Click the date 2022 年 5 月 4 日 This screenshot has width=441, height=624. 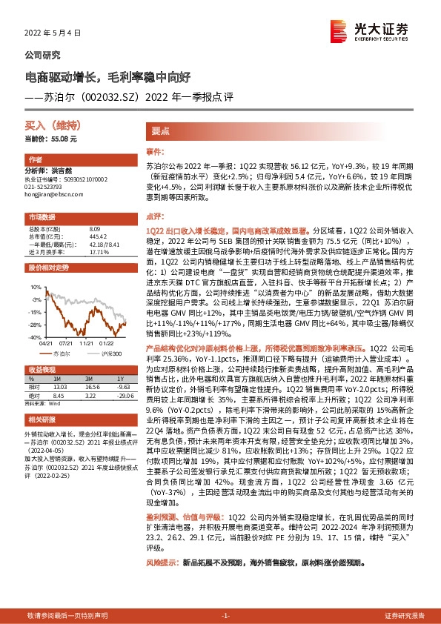tap(49, 33)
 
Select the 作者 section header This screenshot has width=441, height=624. tap(35, 160)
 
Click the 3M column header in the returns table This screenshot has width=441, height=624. tap(92, 378)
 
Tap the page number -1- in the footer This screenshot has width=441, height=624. tap(226, 616)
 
